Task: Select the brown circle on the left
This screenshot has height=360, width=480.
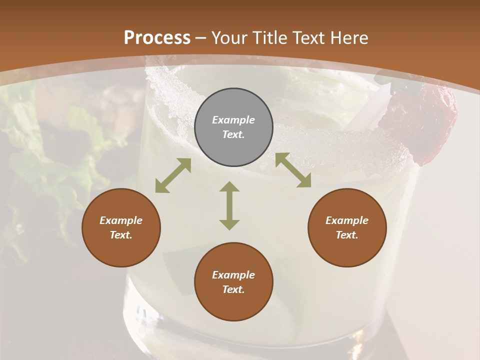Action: click(121, 227)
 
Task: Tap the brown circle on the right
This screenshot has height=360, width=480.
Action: click(347, 227)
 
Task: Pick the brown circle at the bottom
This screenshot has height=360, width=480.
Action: click(233, 282)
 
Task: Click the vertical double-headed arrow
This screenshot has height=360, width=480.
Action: click(229, 205)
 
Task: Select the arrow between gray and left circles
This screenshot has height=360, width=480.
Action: click(173, 175)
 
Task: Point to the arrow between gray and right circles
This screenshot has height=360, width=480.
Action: click(293, 170)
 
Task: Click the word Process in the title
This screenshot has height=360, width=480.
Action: click(157, 37)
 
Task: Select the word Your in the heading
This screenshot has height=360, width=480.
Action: click(227, 37)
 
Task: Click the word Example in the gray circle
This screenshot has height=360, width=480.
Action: click(233, 120)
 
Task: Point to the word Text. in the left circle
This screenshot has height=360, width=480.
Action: click(121, 235)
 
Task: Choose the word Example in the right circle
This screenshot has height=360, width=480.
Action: click(347, 220)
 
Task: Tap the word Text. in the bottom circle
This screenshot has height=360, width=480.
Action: click(233, 289)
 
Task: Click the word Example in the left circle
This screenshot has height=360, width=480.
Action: click(121, 220)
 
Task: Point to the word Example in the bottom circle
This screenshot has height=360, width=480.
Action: click(233, 275)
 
